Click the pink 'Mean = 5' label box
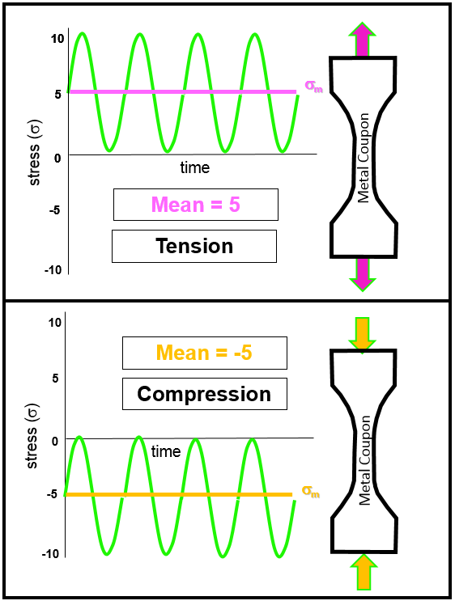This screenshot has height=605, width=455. pyautogui.click(x=196, y=205)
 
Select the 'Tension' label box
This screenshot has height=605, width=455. pyautogui.click(x=194, y=246)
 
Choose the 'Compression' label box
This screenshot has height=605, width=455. pyautogui.click(x=204, y=394)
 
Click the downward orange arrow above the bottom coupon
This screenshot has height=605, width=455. pyautogui.click(x=363, y=334)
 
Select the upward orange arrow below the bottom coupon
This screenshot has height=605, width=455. pyautogui.click(x=363, y=571)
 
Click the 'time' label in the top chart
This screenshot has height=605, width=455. pyautogui.click(x=194, y=168)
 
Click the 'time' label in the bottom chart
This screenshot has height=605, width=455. pyautogui.click(x=166, y=451)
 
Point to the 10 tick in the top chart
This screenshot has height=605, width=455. pyautogui.click(x=57, y=38)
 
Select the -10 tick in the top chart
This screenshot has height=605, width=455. pyautogui.click(x=53, y=269)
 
